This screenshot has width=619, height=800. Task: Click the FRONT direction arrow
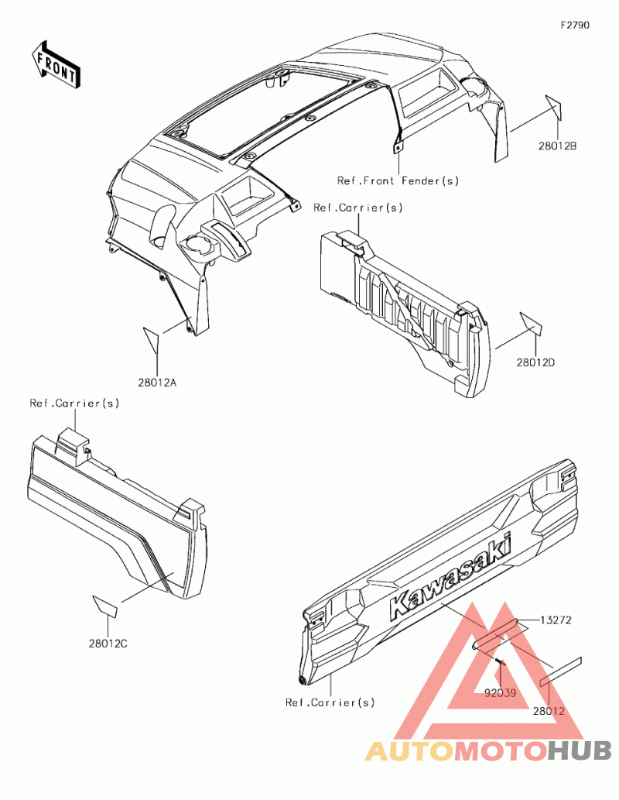pos(56,64)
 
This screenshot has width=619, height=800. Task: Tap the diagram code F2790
pos(575,25)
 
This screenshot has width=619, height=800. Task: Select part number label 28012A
pos(157,382)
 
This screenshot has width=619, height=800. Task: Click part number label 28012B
pos(557,146)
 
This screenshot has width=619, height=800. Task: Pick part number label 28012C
pos(108,644)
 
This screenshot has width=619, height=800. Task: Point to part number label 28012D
pos(536,362)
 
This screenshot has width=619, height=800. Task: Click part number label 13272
pos(556,620)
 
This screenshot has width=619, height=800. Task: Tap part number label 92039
pos(500,693)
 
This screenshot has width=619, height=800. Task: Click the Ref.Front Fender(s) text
pos(398,180)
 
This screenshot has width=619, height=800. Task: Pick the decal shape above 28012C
pos(105,606)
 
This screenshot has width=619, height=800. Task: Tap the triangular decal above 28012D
pos(532,323)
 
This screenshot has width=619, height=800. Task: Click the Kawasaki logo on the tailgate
pos(450,575)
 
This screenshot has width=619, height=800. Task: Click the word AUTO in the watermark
pos(409,751)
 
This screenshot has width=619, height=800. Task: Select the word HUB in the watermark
pos(580,751)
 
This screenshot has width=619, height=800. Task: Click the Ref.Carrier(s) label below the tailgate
pos(330,702)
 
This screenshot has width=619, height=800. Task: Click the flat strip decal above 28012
pos(561,671)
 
